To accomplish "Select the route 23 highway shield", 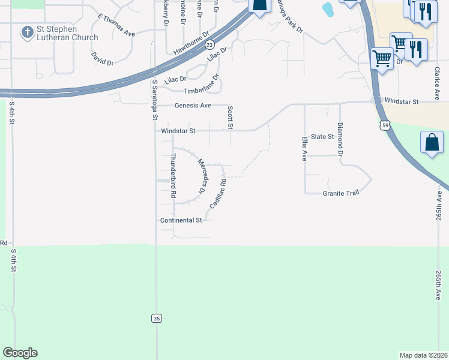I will point(209,45).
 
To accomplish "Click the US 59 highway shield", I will point(385,125).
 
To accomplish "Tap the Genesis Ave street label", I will point(193,106).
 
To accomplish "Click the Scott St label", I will point(230,118).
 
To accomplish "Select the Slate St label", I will point(322,137).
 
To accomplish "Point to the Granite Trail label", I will point(341,193).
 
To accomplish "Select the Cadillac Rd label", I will point(217,193).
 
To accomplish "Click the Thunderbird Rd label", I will point(173,176).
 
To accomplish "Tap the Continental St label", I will point(181,220).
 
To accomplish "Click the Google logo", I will point(20,353).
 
